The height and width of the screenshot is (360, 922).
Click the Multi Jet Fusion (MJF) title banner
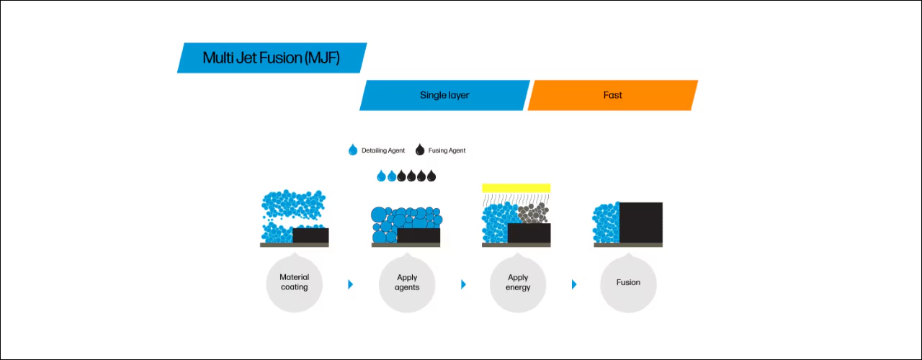(x=272, y=58)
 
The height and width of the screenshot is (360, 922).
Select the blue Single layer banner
(x=444, y=95)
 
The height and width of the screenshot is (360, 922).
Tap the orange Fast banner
(x=613, y=95)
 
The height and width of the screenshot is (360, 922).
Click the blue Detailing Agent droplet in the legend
(x=353, y=150)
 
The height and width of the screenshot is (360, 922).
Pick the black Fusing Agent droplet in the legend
(x=420, y=150)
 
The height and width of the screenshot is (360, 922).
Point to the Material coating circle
(x=295, y=283)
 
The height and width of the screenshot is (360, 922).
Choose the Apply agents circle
(x=407, y=283)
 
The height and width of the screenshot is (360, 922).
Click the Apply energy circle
(x=518, y=283)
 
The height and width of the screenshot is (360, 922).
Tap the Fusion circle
(x=628, y=283)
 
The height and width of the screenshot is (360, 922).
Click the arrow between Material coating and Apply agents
(x=350, y=284)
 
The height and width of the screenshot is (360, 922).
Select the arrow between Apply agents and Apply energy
(x=463, y=284)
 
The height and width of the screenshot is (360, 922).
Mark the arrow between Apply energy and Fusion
(x=574, y=284)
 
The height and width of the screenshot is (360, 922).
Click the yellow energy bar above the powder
(x=516, y=188)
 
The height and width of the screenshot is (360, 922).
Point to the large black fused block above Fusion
(x=641, y=222)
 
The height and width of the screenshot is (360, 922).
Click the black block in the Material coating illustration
(x=310, y=235)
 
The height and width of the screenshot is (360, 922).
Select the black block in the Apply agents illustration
(x=419, y=235)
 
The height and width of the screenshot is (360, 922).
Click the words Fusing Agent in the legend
(x=447, y=150)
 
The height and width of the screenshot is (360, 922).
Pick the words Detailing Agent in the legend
(x=383, y=150)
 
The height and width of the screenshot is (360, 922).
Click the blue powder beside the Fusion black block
(x=606, y=223)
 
